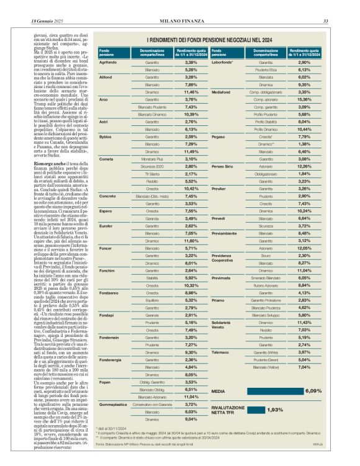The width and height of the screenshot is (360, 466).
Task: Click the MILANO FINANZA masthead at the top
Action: tap(180, 6)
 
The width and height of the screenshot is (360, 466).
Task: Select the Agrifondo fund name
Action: tap(109, 63)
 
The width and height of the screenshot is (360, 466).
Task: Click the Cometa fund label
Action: tap(106, 159)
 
